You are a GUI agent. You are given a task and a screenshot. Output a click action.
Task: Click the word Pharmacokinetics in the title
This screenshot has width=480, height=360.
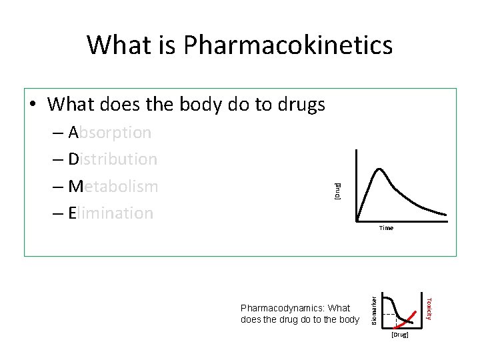pyautogui.click(x=288, y=45)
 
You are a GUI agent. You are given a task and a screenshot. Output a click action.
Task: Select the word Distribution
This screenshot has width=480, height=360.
pyautogui.click(x=113, y=159)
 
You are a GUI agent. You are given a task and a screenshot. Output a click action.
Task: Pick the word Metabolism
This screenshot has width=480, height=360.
pyautogui.click(x=113, y=186)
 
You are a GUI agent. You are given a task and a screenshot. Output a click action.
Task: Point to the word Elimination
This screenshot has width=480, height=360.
pyautogui.click(x=111, y=213)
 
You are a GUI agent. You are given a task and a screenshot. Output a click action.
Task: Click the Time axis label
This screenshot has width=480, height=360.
pyautogui.click(x=386, y=228)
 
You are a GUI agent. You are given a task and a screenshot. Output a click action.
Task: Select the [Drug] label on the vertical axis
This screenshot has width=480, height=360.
pyautogui.click(x=337, y=191)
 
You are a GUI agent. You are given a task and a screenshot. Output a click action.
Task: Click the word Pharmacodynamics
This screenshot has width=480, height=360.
pyautogui.click(x=273, y=308)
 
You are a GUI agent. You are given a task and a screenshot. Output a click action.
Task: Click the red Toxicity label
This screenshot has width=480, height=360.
pyautogui.click(x=429, y=307)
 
